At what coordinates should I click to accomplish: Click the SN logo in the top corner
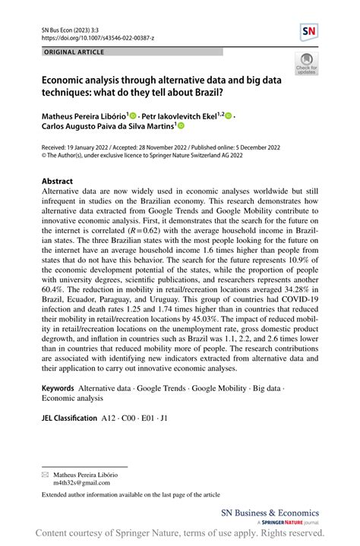tap(308, 31)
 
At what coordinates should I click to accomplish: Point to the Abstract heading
tap(58, 181)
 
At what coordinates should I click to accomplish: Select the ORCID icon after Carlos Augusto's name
tap(181, 127)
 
